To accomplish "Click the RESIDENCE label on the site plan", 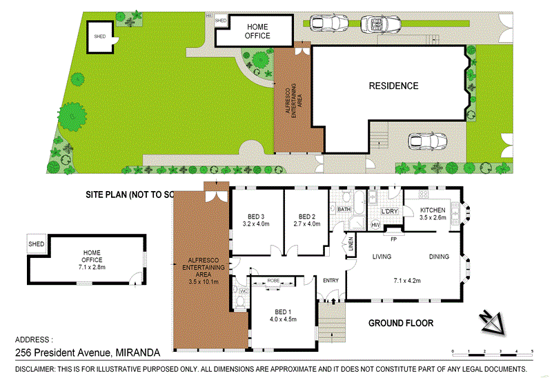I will [393, 86].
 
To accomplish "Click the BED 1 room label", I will [282, 315].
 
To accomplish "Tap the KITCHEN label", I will [433, 210].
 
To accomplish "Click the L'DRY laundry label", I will [391, 211].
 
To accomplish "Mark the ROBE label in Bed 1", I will [273, 281].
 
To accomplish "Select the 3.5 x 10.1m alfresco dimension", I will [204, 281].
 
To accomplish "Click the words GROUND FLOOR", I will [400, 323].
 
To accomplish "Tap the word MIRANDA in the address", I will [138, 352].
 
